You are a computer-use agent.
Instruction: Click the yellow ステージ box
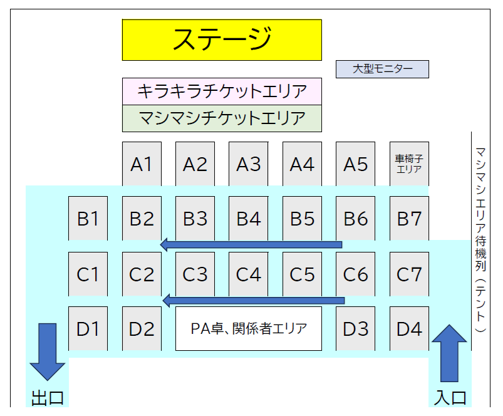[221, 39]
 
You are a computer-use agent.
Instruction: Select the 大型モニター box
[382, 69]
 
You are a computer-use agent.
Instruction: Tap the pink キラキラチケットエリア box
[221, 91]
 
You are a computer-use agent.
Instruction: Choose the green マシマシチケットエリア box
[221, 118]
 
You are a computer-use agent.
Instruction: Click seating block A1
[142, 164]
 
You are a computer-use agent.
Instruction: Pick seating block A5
[355, 164]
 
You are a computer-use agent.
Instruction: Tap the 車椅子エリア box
[409, 164]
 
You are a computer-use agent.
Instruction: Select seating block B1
[88, 219]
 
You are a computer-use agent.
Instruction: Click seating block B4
[248, 219]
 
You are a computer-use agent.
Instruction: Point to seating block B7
[409, 219]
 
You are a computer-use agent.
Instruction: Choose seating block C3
[195, 274]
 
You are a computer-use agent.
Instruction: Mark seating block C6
[355, 274]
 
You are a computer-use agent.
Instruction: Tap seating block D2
[142, 328]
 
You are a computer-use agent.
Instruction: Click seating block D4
[409, 328]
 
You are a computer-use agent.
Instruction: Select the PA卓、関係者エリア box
[248, 328]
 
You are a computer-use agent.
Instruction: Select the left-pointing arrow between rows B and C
[251, 244]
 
